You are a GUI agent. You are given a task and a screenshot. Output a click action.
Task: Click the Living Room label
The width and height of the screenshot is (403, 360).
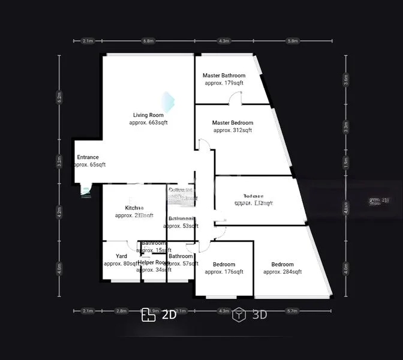click(x=148, y=115)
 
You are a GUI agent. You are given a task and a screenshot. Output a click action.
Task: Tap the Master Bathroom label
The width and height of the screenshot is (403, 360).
click(x=224, y=76)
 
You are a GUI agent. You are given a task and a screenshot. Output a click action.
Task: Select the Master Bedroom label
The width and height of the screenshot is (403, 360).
click(x=233, y=122)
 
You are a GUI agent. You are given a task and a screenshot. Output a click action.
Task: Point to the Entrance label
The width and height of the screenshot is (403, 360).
click(x=88, y=157)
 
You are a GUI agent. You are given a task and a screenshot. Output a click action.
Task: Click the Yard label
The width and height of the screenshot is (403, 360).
click(x=121, y=256)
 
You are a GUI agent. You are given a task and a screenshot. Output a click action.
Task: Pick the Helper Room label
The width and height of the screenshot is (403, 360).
click(x=154, y=262)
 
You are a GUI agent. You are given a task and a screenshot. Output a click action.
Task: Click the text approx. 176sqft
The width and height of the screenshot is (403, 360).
click(x=224, y=272)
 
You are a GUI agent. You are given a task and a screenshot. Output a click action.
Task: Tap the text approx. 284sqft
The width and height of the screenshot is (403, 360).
click(x=282, y=272)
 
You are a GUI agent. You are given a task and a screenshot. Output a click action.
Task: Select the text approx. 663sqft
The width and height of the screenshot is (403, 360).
click(x=148, y=122)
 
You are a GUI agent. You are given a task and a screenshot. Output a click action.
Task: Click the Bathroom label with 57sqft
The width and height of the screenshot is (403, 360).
click(x=181, y=256)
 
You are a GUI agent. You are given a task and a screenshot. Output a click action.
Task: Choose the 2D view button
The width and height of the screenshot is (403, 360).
click(x=160, y=315)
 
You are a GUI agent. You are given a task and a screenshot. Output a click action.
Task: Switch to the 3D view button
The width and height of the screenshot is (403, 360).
click(x=251, y=315)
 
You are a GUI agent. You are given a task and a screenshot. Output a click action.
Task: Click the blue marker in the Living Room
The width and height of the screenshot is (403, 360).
click(x=167, y=102)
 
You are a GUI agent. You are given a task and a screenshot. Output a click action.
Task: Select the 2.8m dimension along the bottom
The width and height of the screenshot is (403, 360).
click(x=122, y=311)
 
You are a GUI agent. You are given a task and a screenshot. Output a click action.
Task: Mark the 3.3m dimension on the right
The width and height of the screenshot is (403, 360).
click(x=346, y=127)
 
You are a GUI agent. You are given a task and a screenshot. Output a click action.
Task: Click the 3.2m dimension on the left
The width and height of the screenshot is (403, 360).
click(x=59, y=161)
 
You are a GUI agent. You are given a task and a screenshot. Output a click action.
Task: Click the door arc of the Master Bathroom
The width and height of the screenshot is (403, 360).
click(x=236, y=98)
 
